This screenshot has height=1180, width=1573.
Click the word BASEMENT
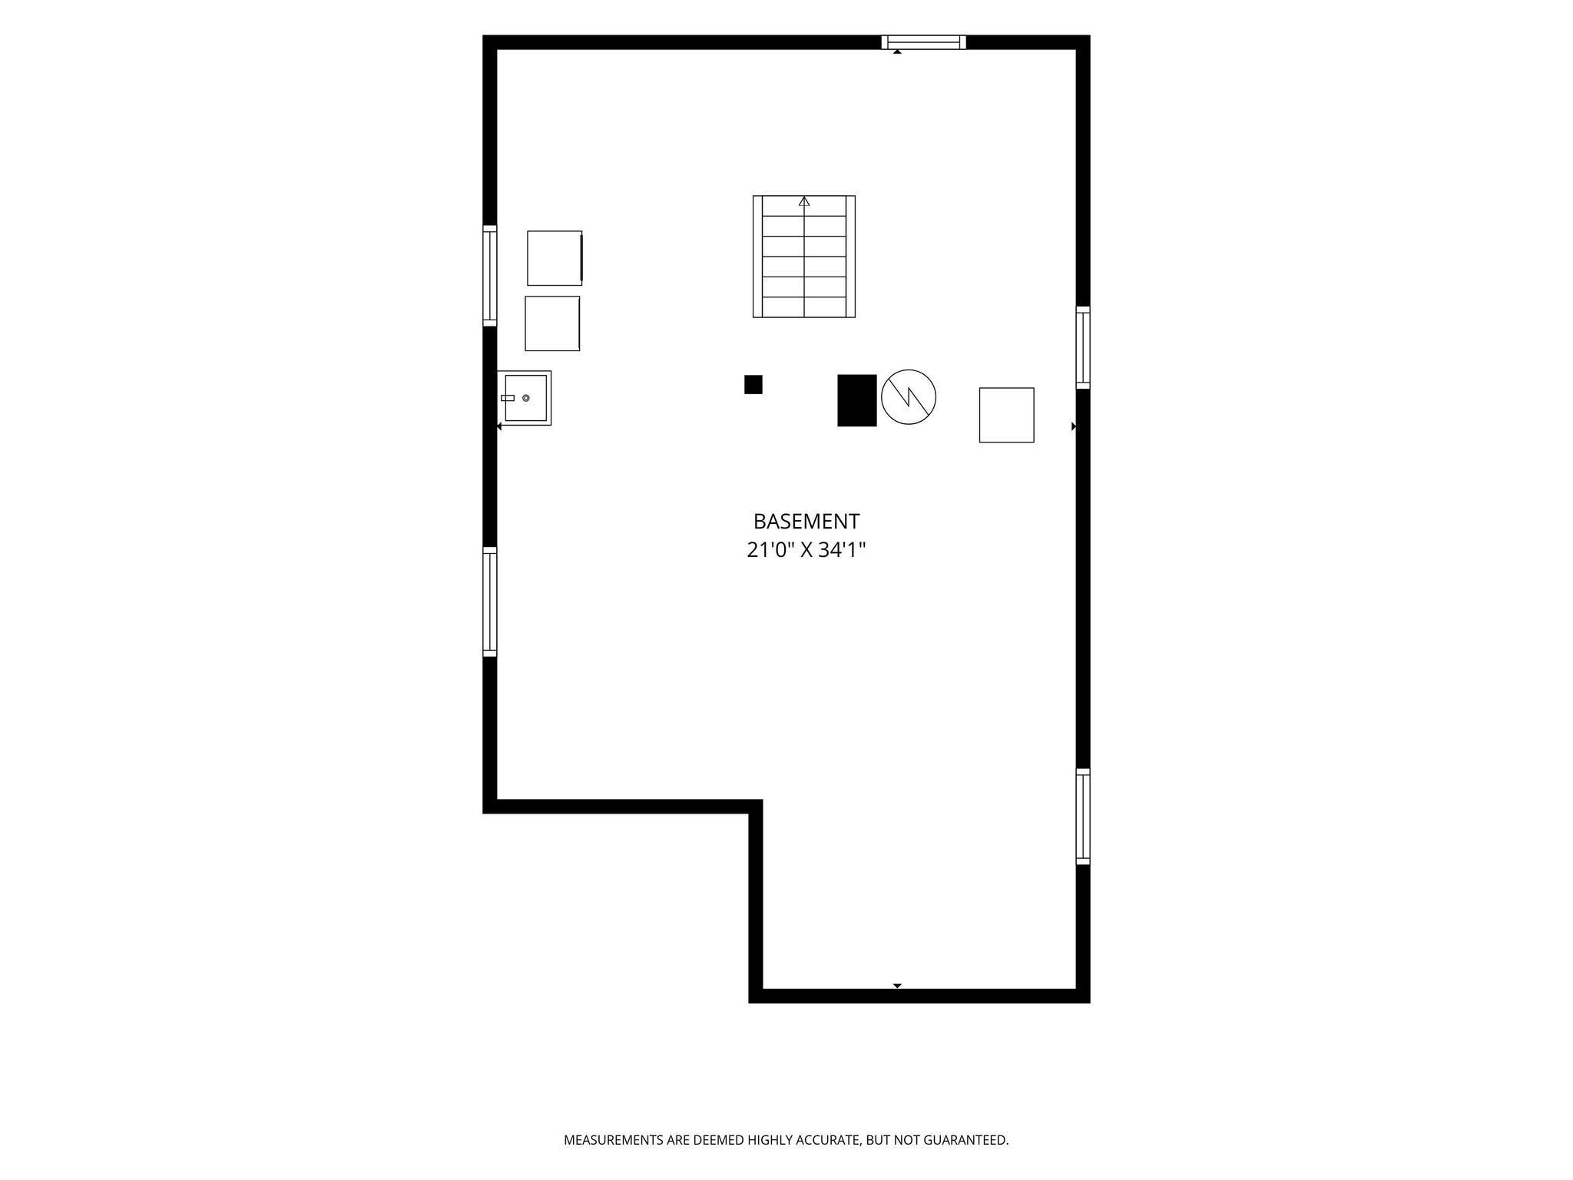click(x=806, y=522)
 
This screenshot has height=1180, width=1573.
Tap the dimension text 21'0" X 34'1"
click(x=806, y=550)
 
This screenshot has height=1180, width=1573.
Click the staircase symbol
click(x=804, y=256)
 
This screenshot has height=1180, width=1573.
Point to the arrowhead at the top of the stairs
click(x=804, y=201)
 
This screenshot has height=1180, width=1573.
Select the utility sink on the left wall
click(x=525, y=398)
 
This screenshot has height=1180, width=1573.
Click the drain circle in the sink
click(x=526, y=398)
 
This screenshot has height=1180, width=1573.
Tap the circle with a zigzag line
click(x=909, y=397)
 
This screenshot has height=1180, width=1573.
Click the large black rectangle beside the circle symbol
click(x=857, y=400)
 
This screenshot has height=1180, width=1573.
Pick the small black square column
click(x=753, y=384)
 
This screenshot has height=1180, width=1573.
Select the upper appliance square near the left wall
click(x=555, y=258)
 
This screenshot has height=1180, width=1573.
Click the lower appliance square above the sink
click(x=552, y=323)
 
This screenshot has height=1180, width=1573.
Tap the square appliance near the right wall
click(x=1006, y=415)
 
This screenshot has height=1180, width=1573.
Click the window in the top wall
click(x=923, y=42)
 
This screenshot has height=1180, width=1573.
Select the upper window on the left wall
click(x=490, y=276)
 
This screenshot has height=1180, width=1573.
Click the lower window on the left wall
click(x=490, y=602)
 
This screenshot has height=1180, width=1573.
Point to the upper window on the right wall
click(x=1083, y=347)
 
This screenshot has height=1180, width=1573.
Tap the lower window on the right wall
click(x=1083, y=817)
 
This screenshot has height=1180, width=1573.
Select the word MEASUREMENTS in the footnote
click(x=614, y=1140)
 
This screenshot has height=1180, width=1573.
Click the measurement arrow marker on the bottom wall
click(x=897, y=986)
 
